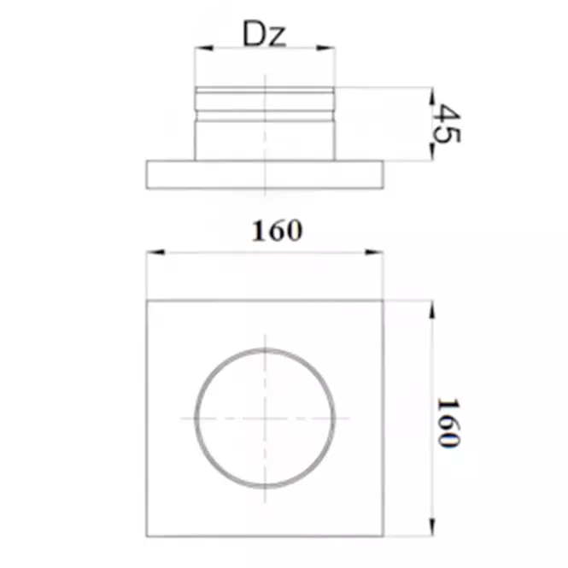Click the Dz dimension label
click(265, 33)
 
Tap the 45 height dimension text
click(447, 124)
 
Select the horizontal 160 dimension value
click(277, 231)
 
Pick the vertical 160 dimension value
click(448, 423)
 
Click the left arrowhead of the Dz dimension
click(203, 48)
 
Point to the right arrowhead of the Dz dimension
click(325, 48)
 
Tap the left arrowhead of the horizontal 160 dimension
click(155, 252)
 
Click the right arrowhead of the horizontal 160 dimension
click(374, 252)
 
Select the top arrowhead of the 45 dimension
click(431, 97)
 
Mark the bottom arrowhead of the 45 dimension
click(431, 152)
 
